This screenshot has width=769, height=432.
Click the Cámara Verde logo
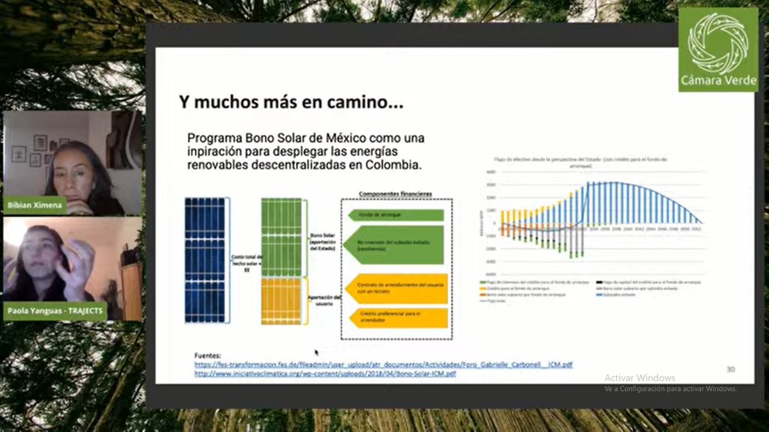(718, 49)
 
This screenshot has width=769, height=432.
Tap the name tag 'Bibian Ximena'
(35, 205)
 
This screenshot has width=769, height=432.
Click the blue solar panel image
(205, 259)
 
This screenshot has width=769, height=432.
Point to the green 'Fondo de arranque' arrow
(395, 214)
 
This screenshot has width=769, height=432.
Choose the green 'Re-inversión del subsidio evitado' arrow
(395, 244)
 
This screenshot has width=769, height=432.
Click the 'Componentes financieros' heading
(395, 193)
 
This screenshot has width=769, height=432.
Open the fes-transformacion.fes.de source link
(383, 365)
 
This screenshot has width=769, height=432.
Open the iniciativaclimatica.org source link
(325, 373)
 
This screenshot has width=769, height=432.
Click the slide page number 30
(731, 369)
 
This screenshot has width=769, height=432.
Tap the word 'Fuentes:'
(208, 355)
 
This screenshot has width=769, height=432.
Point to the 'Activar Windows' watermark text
(640, 378)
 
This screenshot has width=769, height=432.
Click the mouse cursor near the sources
(316, 351)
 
